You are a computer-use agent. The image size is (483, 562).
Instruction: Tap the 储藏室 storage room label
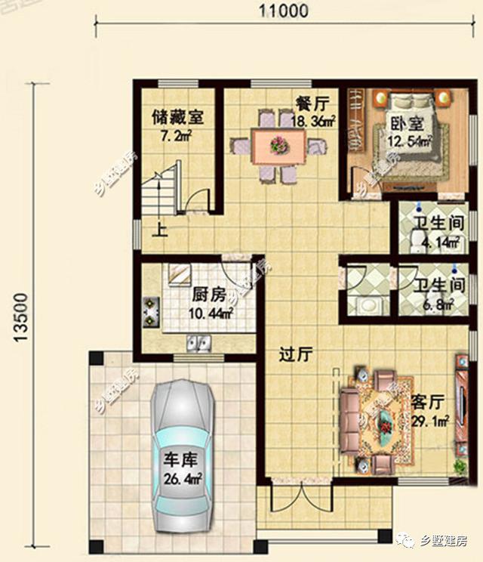tap(177, 117)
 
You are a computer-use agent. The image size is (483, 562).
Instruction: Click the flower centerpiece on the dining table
tap(278, 142)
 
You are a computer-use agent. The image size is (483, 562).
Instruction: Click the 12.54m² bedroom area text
tap(409, 140)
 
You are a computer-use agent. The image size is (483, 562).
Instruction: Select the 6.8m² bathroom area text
tap(436, 304)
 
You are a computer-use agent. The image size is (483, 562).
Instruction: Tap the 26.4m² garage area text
tap(183, 477)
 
